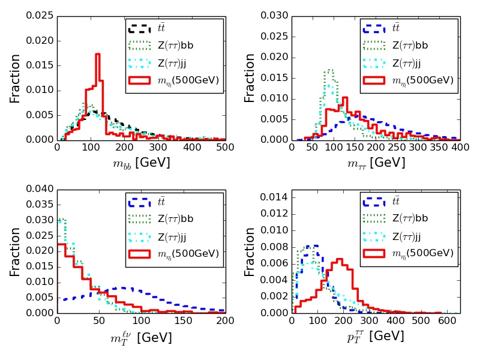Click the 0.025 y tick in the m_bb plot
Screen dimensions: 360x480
pos(39,16)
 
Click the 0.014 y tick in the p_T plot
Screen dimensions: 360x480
pos(274,197)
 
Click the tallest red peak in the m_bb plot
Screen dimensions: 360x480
pos(97,54)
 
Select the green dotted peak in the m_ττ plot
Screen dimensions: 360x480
pos(329,70)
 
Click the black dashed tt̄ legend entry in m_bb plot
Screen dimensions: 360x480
pos(173,28)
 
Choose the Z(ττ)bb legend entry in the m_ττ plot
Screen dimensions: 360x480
pos(408,45)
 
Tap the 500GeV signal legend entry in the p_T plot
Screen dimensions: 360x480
pos(408,253)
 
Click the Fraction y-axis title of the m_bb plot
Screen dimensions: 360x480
pos(15,78)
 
